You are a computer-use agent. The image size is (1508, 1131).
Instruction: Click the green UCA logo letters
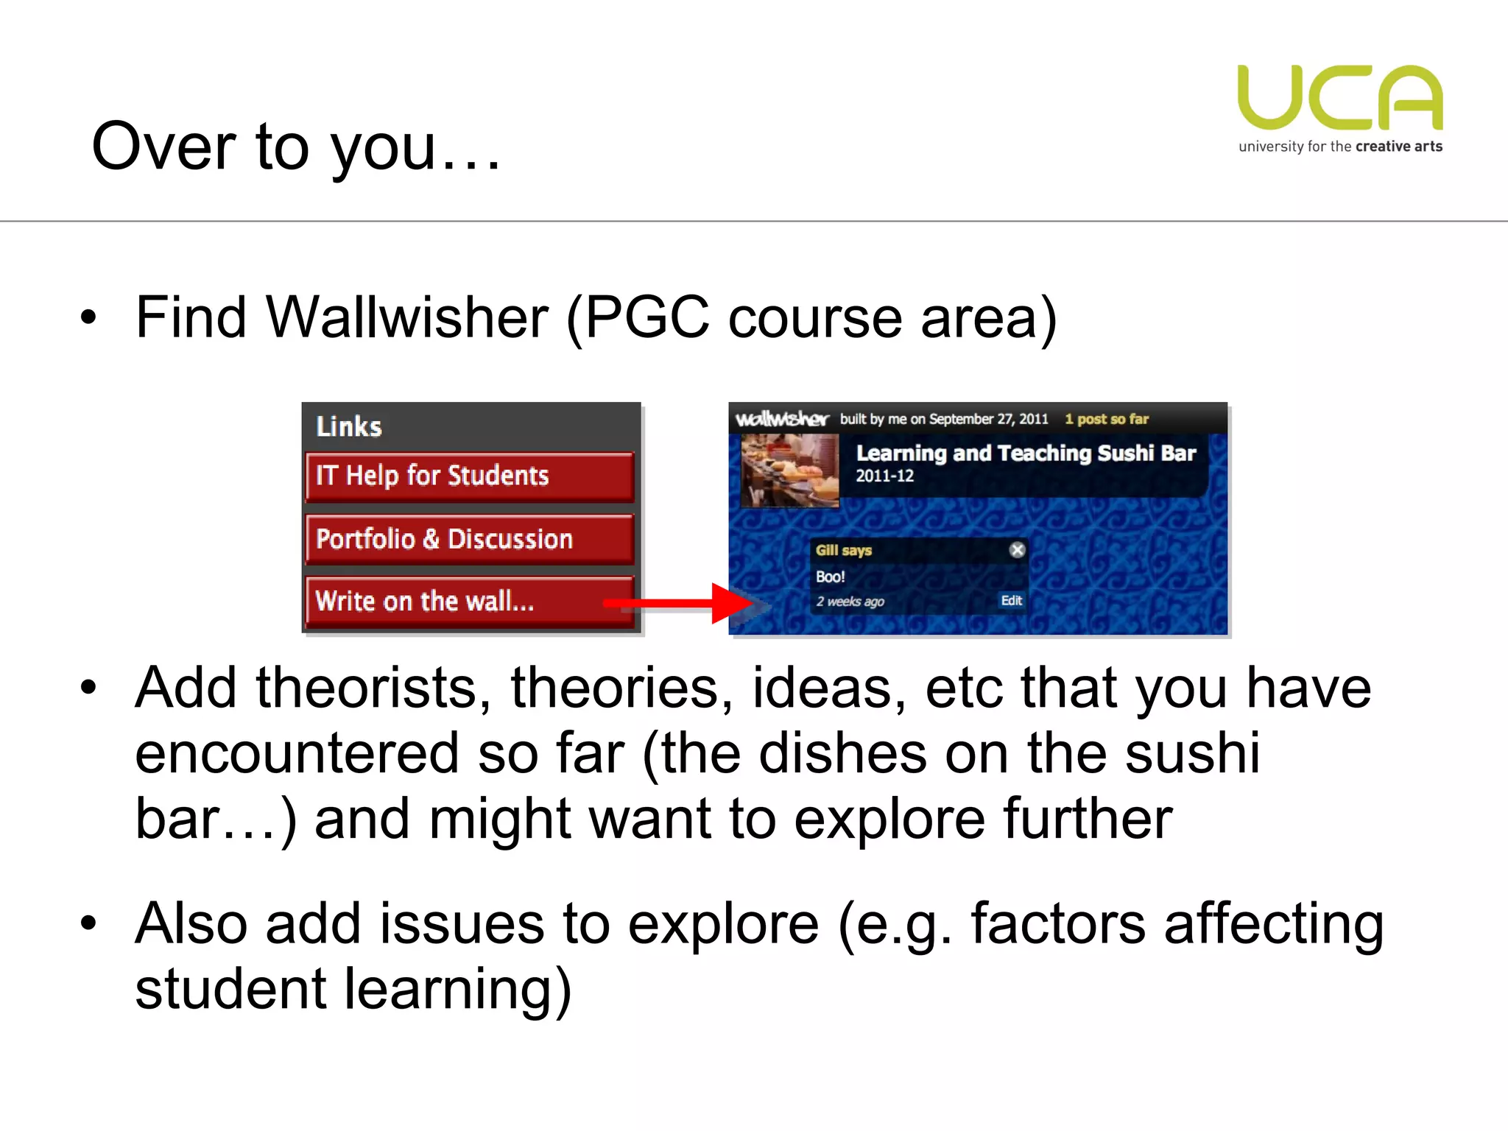click(1340, 97)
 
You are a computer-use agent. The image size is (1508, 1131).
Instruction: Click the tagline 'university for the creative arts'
click(1340, 147)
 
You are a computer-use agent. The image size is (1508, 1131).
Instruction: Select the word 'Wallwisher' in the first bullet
click(407, 317)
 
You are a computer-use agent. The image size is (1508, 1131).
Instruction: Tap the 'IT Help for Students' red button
click(469, 476)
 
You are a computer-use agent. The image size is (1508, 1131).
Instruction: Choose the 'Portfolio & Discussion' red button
click(469, 539)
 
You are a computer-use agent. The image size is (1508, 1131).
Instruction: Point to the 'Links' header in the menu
click(349, 426)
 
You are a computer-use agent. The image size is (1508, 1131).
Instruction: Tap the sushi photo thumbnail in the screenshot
click(789, 470)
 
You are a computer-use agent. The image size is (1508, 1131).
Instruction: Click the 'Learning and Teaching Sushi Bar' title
click(1026, 453)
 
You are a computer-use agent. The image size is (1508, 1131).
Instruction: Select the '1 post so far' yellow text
click(1106, 419)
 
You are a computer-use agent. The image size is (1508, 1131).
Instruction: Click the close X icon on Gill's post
click(1017, 550)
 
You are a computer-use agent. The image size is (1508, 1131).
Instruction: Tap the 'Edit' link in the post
click(1011, 601)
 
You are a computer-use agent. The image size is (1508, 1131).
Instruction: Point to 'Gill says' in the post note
click(843, 550)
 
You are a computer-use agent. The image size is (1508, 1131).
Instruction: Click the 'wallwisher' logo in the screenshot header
click(782, 419)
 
